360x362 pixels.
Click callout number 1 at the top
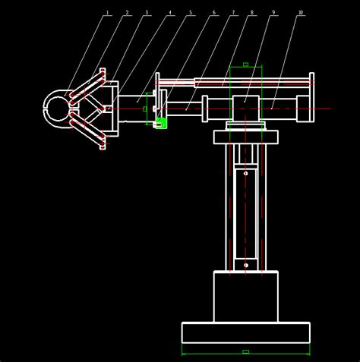tap(107, 12)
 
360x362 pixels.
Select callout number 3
tap(147, 12)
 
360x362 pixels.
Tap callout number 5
tap(191, 12)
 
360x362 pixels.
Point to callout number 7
tap(233, 12)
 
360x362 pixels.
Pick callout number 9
tap(273, 12)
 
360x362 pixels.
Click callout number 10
tap(301, 12)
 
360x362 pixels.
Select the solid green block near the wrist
tap(160, 123)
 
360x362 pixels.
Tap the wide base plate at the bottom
tap(245, 332)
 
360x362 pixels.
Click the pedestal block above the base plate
tap(245, 296)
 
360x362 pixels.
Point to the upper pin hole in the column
tap(245, 173)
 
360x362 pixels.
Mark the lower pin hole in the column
tap(245, 265)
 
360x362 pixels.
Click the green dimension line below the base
tap(245, 352)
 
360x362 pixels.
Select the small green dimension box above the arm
tap(245, 65)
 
